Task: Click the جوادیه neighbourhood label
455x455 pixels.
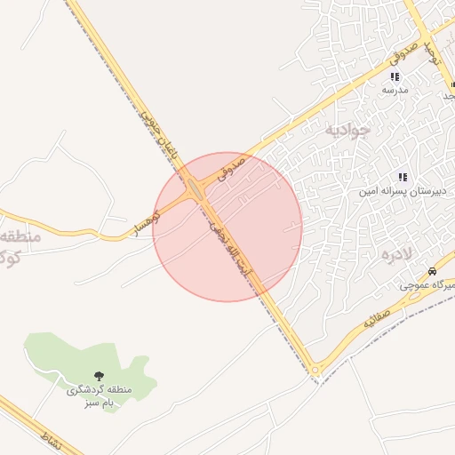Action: coord(344,131)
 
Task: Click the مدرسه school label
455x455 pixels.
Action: coord(395,91)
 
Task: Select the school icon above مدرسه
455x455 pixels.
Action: coord(395,76)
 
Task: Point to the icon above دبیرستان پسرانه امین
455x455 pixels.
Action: coord(402,177)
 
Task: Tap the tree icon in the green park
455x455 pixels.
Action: coord(99,377)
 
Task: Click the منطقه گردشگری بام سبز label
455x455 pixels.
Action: coord(99,396)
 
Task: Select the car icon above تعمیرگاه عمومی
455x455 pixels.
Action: coord(432,270)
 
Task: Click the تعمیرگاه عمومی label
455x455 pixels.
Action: coord(427,285)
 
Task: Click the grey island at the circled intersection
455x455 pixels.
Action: coord(194,188)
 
